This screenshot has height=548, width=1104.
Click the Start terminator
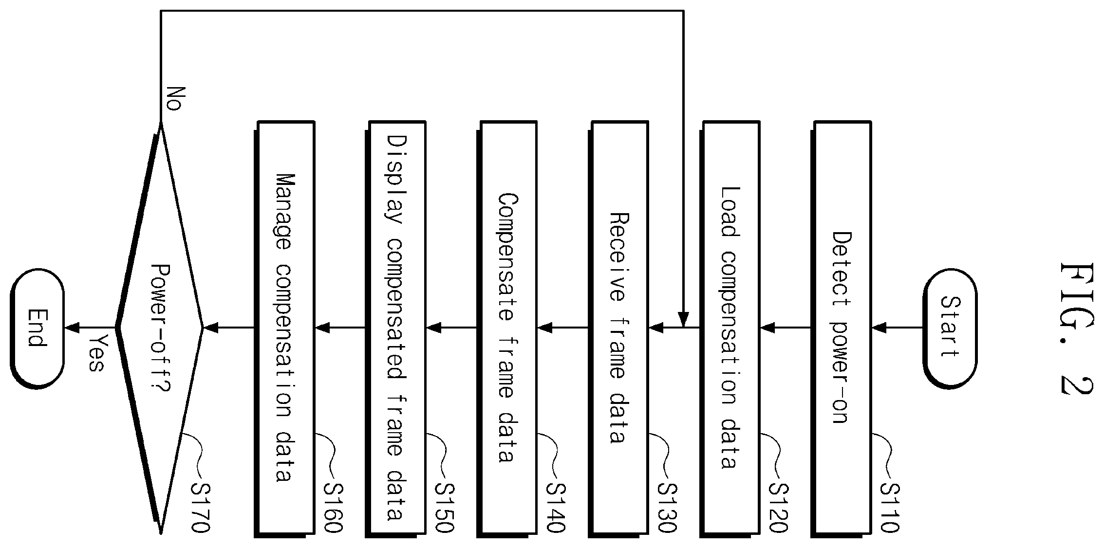click(x=950, y=329)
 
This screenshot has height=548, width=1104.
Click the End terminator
click(x=37, y=329)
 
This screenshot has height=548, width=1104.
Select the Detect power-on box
click(x=842, y=329)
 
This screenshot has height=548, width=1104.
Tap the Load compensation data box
click(x=730, y=329)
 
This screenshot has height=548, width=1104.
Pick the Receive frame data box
click(x=619, y=329)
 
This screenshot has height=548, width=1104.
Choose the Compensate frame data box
click(x=508, y=329)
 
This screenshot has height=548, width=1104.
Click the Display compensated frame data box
click(x=396, y=329)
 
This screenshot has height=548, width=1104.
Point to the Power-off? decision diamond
click(x=160, y=329)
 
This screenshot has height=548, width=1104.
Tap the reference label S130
click(x=667, y=507)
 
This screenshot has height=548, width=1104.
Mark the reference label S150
click(x=445, y=507)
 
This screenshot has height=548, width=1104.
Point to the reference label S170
click(x=200, y=507)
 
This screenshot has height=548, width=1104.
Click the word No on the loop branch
click(x=173, y=99)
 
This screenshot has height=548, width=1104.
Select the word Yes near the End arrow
click(x=96, y=353)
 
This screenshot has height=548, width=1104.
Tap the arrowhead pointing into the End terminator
click(x=72, y=328)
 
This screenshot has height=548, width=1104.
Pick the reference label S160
click(x=334, y=507)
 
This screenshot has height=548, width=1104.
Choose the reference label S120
click(x=778, y=507)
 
